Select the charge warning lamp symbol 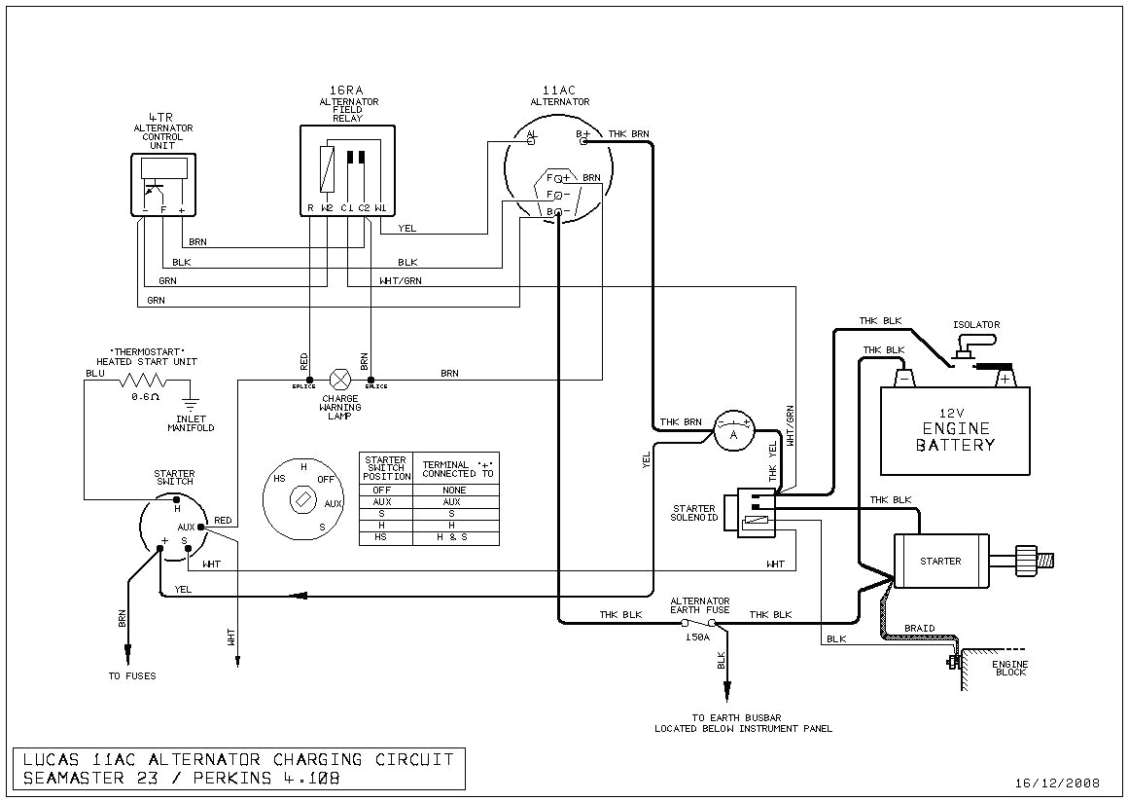pyautogui.click(x=341, y=379)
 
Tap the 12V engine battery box pyautogui.click(x=954, y=430)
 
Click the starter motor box pyautogui.click(x=940, y=561)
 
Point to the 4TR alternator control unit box pyautogui.click(x=163, y=185)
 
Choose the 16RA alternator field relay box pyautogui.click(x=347, y=170)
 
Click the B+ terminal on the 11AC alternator pyautogui.click(x=583, y=140)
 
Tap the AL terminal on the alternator pyautogui.click(x=532, y=140)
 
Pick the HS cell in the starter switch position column pyautogui.click(x=385, y=537)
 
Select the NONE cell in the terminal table pyautogui.click(x=455, y=490)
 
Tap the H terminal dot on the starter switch pyautogui.click(x=177, y=499)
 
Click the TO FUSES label pyautogui.click(x=131, y=675)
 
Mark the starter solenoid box pyautogui.click(x=756, y=513)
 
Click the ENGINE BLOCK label pyautogui.click(x=1009, y=669)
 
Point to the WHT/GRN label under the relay pyautogui.click(x=400, y=281)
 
